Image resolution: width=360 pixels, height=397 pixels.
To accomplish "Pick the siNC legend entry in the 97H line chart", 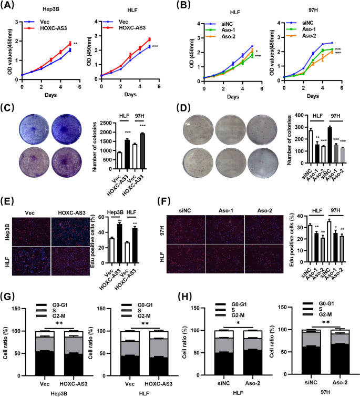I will click(x=312, y=24).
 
